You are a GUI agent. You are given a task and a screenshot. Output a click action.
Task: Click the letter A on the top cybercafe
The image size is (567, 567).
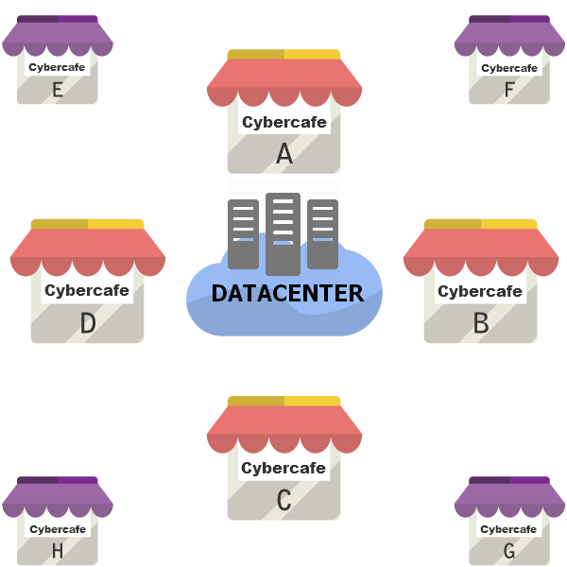pos(283,153)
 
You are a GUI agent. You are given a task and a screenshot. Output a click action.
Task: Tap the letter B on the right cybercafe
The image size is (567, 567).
pos(480,323)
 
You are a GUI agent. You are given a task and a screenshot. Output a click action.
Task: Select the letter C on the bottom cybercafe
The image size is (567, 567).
pos(283,500)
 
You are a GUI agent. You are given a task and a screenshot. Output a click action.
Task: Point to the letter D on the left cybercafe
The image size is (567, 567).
pos(87,323)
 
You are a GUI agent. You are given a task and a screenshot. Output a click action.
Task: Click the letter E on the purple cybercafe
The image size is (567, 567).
pos(57,90)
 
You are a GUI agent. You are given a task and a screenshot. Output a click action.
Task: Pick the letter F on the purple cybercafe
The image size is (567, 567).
pos(509,90)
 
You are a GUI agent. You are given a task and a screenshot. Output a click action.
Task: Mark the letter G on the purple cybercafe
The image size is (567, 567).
pos(509,551)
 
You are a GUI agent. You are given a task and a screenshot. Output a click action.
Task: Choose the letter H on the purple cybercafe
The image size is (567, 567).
pos(57,551)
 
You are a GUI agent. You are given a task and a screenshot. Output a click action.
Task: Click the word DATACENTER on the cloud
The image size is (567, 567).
pos(286,294)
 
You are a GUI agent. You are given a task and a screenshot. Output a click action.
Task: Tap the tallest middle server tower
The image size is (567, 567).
pos(283,232)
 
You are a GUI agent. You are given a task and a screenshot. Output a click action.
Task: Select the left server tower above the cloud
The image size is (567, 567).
pos(243,234)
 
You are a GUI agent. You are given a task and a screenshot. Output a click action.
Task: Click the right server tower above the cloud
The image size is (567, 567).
pos(322,234)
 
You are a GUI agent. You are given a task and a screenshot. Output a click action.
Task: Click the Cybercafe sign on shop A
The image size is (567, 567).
pos(283,122)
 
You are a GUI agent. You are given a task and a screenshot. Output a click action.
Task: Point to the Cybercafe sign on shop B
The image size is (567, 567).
pos(480,291)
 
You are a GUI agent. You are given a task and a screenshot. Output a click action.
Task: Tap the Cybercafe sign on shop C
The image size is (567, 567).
pos(283,468)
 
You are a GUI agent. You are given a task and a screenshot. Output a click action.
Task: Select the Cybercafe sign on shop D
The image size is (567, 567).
pos(87,291)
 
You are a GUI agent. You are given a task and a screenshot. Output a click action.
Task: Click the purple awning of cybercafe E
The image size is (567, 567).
pos(57,36)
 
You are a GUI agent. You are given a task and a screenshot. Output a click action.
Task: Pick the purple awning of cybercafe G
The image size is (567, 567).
pos(509,497)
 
